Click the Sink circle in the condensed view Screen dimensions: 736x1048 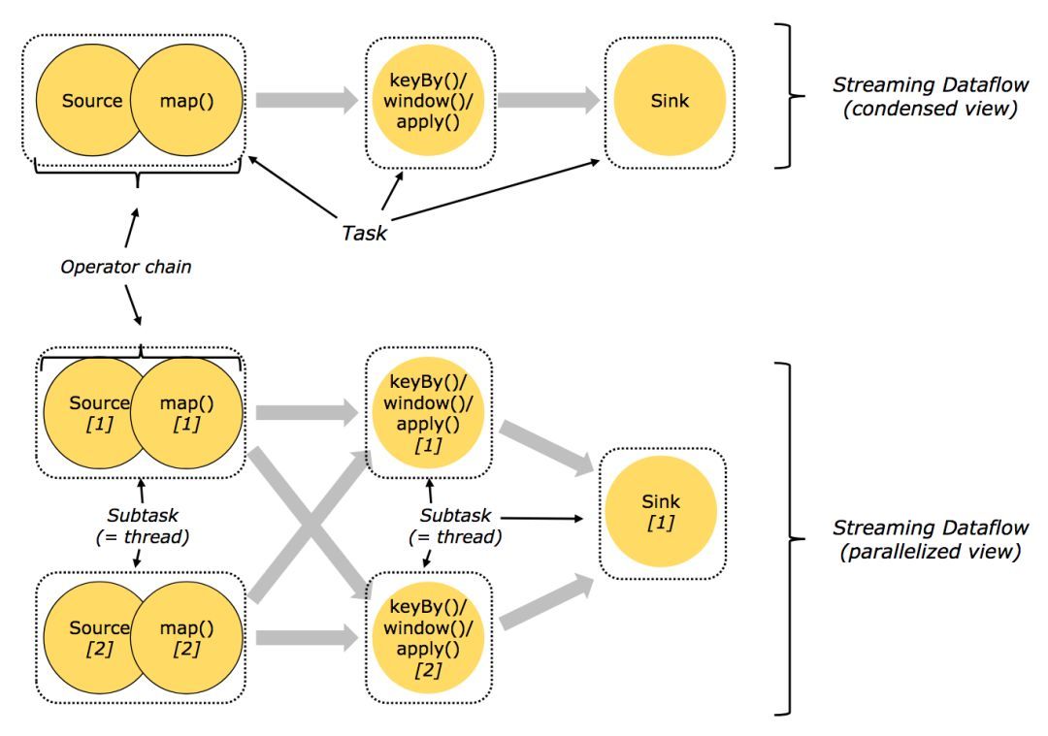click(669, 100)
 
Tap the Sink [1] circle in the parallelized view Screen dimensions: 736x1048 click(663, 510)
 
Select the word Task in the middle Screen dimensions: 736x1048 click(364, 232)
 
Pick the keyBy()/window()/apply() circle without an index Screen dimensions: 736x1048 click(428, 100)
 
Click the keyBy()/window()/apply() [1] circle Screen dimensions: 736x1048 click(428, 411)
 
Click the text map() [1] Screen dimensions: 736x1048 click(186, 411)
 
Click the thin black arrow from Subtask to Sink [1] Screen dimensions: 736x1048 click(543, 518)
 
